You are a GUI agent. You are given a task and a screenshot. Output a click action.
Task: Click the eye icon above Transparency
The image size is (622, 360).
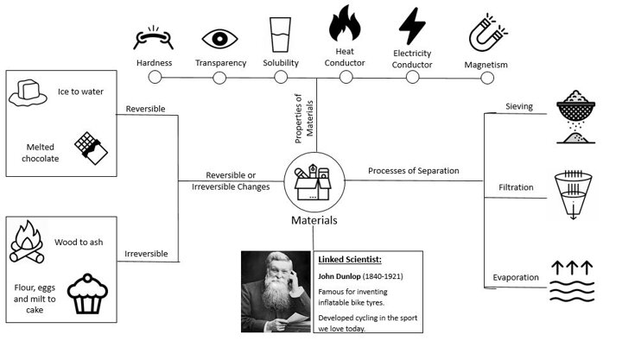point(219,39)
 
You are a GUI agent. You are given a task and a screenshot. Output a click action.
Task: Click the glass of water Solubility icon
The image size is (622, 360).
point(281,35)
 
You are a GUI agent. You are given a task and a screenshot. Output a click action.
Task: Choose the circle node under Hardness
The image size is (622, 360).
point(155,77)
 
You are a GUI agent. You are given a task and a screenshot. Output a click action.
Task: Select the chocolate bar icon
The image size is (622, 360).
point(89,147)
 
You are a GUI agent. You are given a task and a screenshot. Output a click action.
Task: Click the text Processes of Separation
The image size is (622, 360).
point(414,170)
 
